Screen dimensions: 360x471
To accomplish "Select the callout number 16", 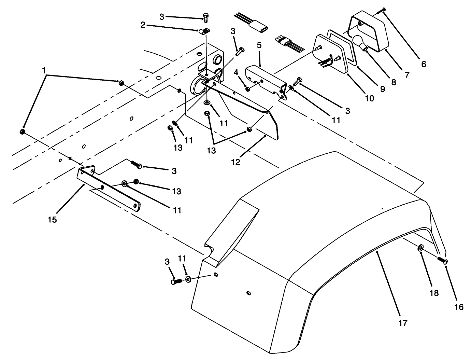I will tap(459, 307).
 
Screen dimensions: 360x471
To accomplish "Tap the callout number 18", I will tap(434, 293).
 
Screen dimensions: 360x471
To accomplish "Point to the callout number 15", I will tap(53, 219).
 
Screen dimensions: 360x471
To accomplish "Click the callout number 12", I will tap(235, 162).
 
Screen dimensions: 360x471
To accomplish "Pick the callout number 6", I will tap(424, 64).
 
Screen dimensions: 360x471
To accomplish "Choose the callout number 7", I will tap(407, 74).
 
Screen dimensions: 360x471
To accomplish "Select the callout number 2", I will tap(143, 25).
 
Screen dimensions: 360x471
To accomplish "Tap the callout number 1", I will tap(44, 70).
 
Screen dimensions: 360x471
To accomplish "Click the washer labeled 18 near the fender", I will tap(420, 247).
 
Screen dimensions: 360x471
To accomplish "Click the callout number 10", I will tap(370, 98).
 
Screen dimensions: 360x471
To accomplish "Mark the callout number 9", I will tap(382, 89).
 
